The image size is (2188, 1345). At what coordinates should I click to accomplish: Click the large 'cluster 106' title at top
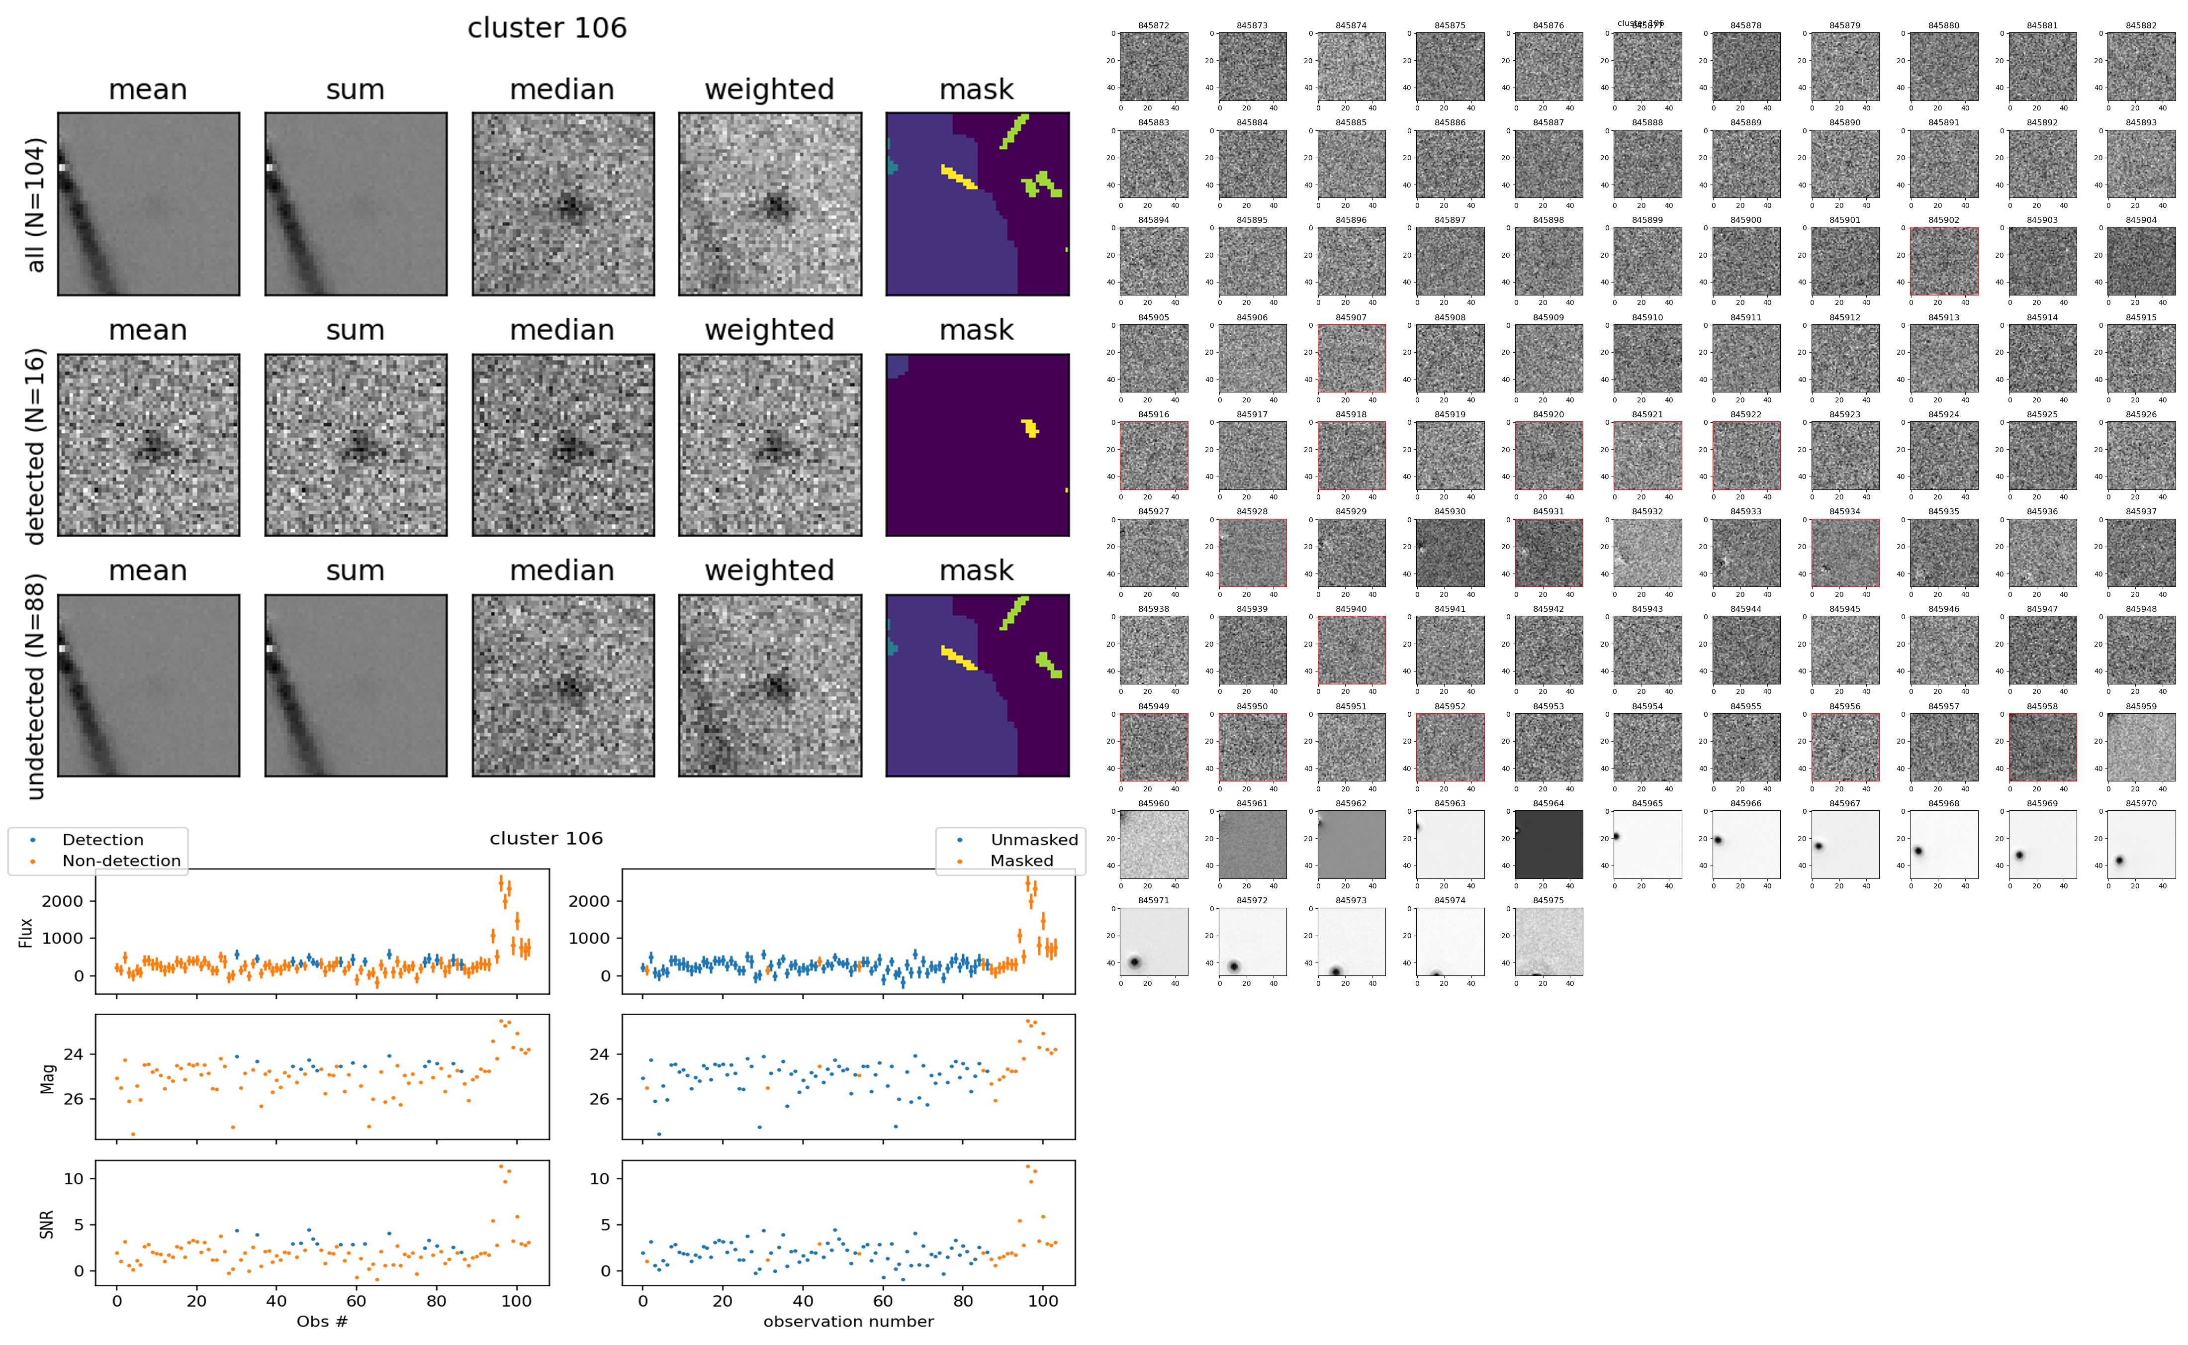(x=547, y=28)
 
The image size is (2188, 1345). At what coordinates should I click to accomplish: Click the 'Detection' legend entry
(x=102, y=840)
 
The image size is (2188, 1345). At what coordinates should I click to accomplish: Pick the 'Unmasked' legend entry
(x=1034, y=840)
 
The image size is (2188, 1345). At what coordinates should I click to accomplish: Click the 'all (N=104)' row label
(x=36, y=204)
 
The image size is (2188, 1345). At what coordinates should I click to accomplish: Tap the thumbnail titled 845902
(x=1943, y=261)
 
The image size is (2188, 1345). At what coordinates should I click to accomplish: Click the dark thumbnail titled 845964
(x=1549, y=844)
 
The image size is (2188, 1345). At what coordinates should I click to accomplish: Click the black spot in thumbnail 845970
(x=2119, y=860)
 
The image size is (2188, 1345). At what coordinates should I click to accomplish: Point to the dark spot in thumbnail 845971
(x=1134, y=961)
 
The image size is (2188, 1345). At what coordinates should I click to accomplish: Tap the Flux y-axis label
(x=26, y=932)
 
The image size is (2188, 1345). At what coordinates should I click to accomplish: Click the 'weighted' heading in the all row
(x=769, y=90)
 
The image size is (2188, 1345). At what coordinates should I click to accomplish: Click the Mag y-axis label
(x=47, y=1078)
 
